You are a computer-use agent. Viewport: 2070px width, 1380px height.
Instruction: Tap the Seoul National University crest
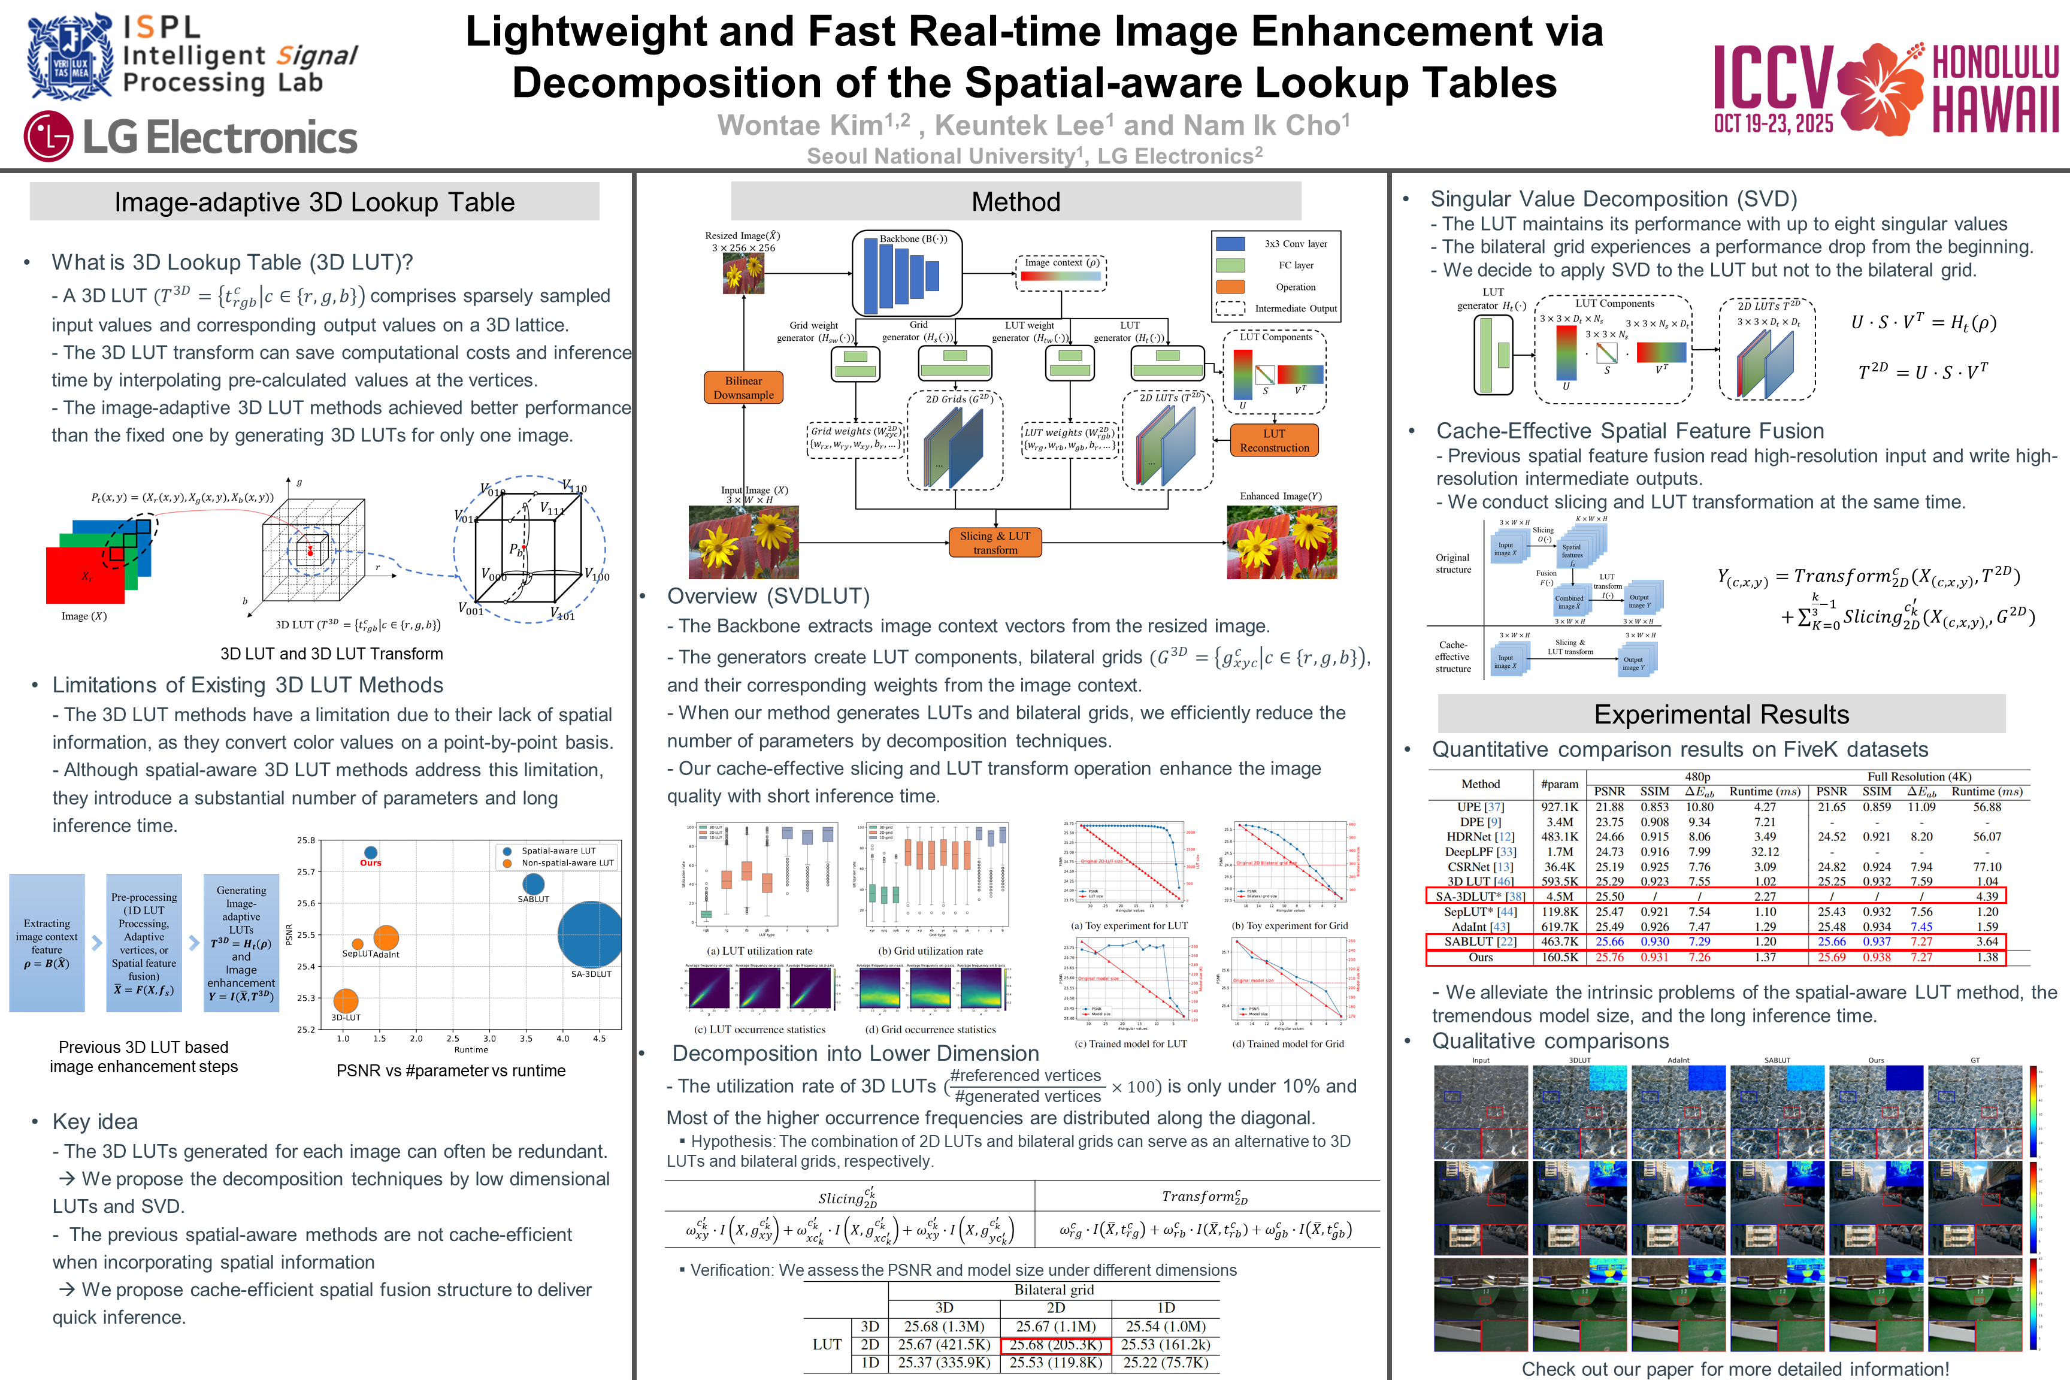(69, 56)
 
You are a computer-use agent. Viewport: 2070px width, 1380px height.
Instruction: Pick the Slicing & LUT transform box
(994, 542)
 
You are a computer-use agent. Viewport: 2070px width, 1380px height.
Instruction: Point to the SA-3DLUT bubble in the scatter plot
(591, 934)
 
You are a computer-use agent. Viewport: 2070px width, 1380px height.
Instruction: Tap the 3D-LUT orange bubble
(346, 1001)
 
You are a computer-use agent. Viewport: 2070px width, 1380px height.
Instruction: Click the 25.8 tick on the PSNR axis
(305, 840)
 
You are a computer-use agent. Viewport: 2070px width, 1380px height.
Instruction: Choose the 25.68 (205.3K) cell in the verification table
(1055, 1345)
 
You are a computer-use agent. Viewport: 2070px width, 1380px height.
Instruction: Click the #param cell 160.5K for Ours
(1560, 957)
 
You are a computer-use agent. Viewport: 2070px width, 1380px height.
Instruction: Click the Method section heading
(1016, 201)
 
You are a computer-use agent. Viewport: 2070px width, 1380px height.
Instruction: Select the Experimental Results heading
(1721, 714)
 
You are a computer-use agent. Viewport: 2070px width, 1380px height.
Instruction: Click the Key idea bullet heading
(95, 1121)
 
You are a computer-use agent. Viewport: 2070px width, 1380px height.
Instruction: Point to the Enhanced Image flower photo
(1281, 542)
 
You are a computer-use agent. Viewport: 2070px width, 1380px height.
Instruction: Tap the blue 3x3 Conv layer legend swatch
(1230, 244)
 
